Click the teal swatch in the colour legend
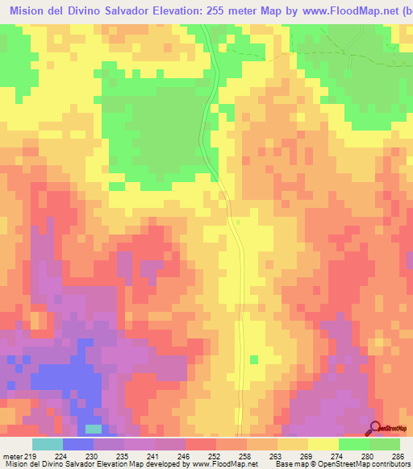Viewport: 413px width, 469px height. coord(48,445)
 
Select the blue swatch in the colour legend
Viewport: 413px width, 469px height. coord(78,445)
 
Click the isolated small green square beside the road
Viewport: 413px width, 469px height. coord(253,359)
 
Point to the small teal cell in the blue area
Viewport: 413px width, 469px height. coord(94,428)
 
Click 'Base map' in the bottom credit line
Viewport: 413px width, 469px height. coord(290,464)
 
